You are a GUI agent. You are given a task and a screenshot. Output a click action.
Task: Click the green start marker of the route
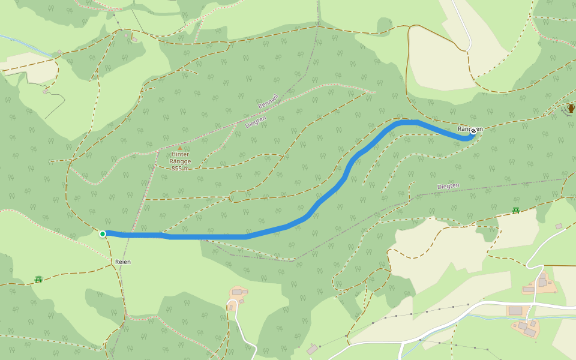click(x=103, y=234)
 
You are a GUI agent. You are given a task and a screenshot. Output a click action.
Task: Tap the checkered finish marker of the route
click(x=473, y=130)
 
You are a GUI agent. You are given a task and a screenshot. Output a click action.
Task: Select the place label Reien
click(x=122, y=262)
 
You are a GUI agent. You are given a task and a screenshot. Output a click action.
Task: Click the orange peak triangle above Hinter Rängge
click(x=179, y=148)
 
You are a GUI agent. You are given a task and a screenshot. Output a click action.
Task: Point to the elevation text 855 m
click(x=180, y=169)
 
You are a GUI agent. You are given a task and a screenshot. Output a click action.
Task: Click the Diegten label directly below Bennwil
click(x=256, y=122)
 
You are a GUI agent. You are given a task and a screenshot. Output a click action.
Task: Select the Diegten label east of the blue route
click(x=448, y=186)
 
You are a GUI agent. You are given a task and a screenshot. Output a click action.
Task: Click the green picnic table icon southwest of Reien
click(x=38, y=279)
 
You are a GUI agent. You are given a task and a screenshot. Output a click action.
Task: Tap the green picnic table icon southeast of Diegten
click(x=515, y=211)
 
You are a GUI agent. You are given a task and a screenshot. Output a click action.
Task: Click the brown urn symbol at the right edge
click(x=571, y=108)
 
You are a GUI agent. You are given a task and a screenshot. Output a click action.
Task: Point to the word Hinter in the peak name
click(x=180, y=154)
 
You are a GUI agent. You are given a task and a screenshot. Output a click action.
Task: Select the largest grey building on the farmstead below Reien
click(x=237, y=292)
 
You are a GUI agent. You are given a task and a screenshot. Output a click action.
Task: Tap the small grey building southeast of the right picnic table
click(x=559, y=226)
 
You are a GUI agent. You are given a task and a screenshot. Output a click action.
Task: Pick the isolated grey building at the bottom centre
click(x=311, y=349)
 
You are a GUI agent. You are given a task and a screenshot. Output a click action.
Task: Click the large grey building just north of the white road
click(x=515, y=310)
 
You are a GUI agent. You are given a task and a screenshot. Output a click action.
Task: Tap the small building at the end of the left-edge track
click(x=46, y=92)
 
